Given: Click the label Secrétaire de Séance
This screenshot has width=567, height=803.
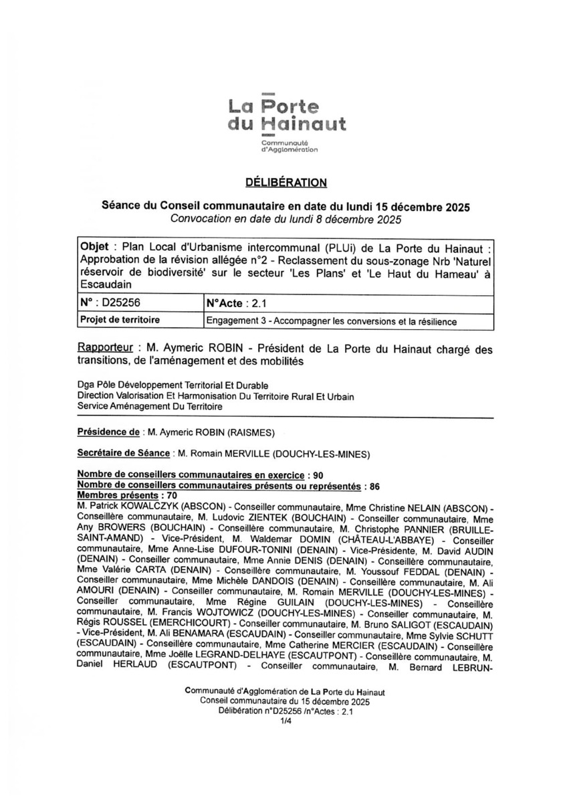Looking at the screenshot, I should tap(124, 453).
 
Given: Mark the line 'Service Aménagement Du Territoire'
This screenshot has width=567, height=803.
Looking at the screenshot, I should tap(150, 406).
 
